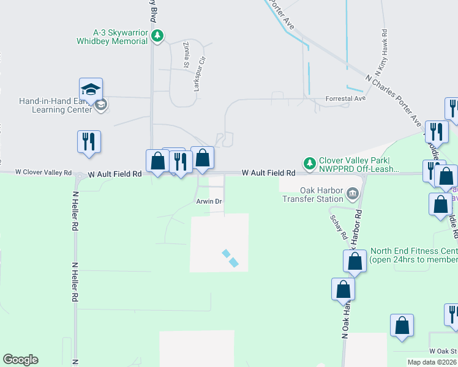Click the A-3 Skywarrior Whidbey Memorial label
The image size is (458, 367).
click(x=120, y=37)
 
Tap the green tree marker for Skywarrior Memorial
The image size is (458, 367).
click(x=158, y=36)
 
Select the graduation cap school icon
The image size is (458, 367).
click(x=91, y=89)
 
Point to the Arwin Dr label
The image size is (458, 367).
click(x=208, y=201)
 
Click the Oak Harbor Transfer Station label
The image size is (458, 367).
click(x=312, y=195)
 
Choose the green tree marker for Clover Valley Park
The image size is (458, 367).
click(x=310, y=163)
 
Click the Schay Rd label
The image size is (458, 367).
click(x=339, y=227)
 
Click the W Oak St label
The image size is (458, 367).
click(x=441, y=351)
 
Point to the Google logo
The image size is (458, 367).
click(x=20, y=360)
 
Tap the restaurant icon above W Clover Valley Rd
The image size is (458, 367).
click(x=89, y=141)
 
